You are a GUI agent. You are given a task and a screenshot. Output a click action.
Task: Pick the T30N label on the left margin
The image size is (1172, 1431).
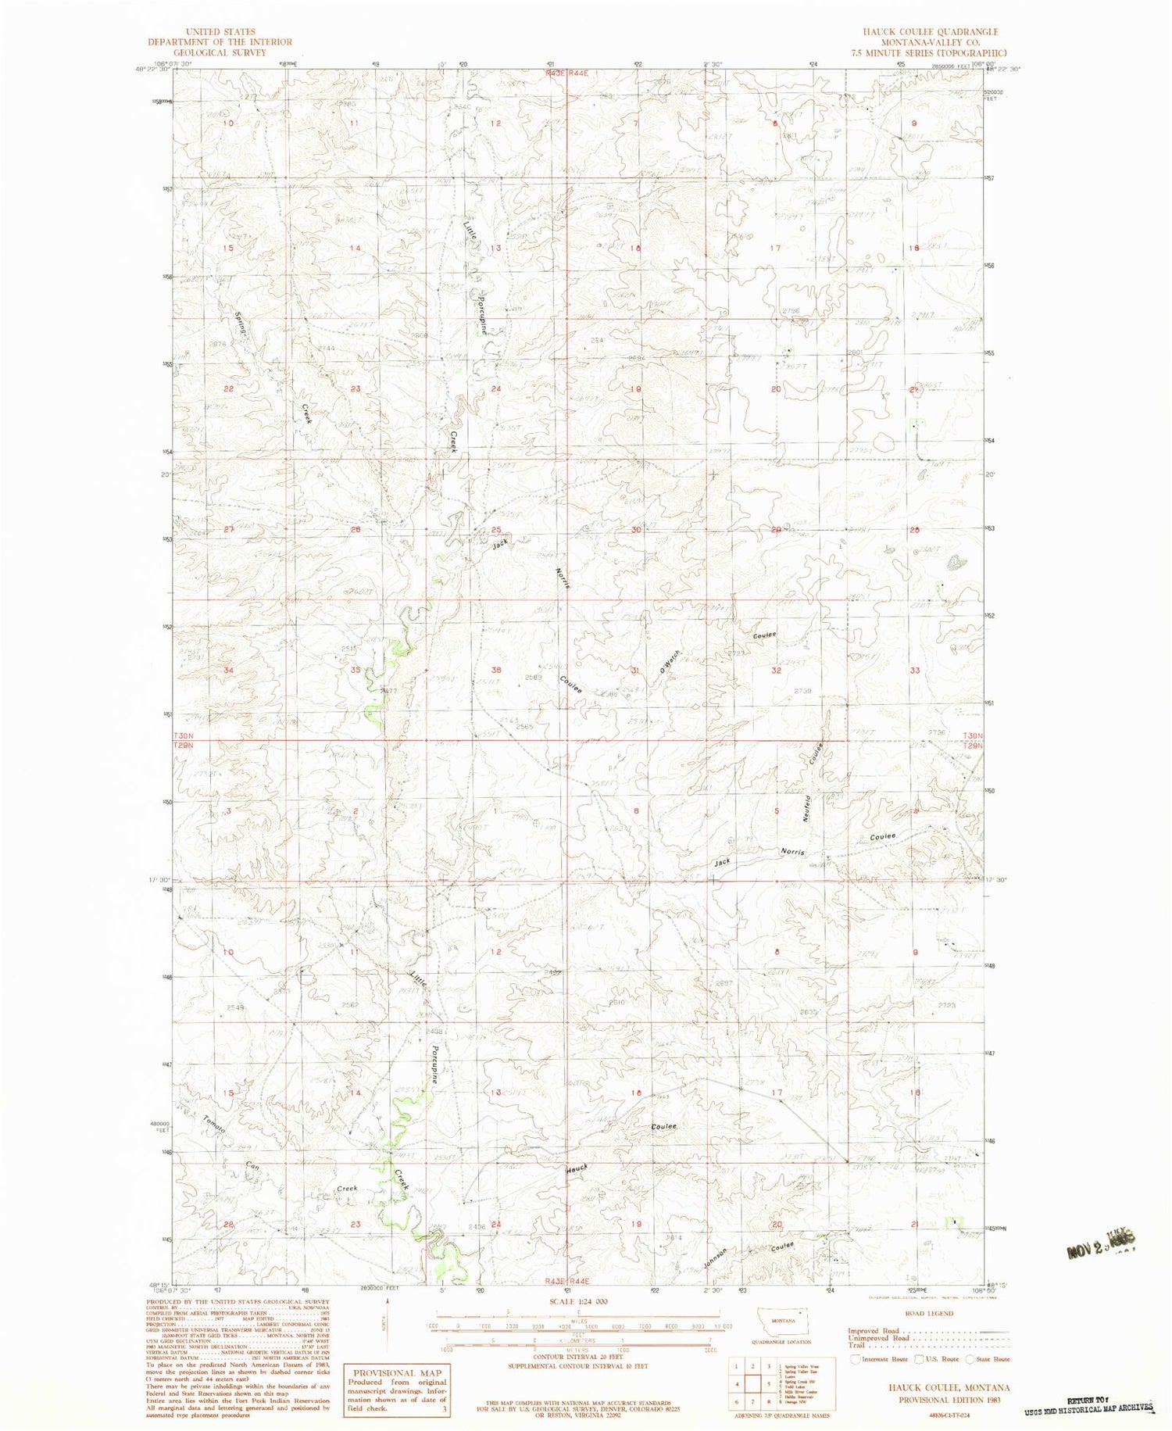point(184,736)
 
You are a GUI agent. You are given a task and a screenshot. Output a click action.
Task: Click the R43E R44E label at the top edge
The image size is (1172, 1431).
point(566,73)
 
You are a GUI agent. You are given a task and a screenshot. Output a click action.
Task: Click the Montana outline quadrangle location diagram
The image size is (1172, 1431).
point(782,1321)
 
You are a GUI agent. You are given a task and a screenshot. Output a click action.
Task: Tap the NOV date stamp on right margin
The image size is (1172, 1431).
point(1099,1244)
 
